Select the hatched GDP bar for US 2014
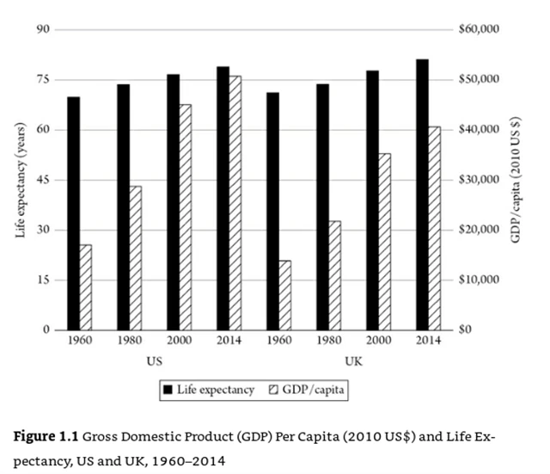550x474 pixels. click(x=235, y=203)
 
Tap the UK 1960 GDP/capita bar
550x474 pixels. click(x=285, y=295)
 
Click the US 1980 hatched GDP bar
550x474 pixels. click(x=135, y=258)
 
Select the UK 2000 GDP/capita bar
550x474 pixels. click(x=385, y=242)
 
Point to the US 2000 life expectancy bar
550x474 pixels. click(x=173, y=202)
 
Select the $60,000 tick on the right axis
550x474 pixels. click(x=480, y=29)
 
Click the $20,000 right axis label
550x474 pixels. click(x=480, y=230)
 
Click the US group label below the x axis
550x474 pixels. click(x=155, y=361)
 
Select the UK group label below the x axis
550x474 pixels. click(x=353, y=361)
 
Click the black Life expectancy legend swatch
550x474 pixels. click(x=168, y=391)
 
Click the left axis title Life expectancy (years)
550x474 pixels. click(x=21, y=181)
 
